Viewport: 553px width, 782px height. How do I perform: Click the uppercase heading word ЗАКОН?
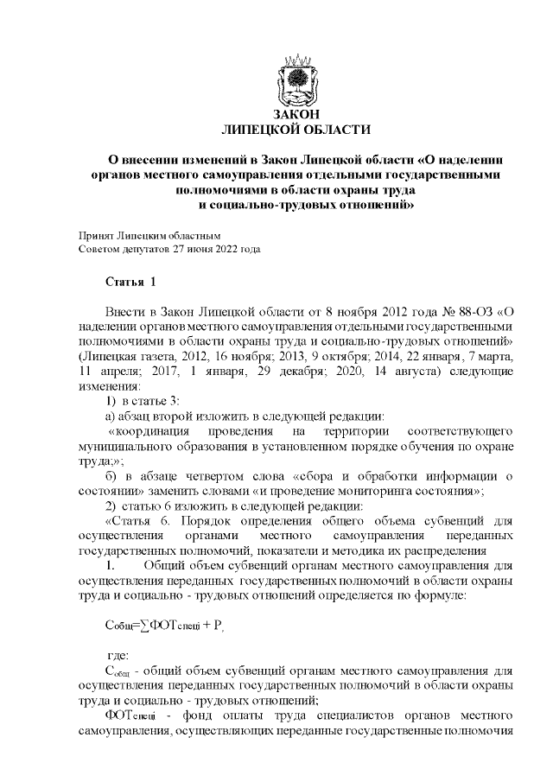click(x=296, y=115)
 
